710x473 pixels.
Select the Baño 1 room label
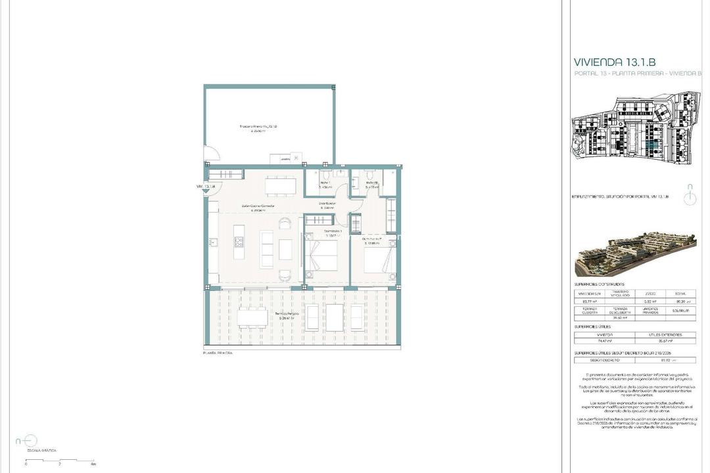325,184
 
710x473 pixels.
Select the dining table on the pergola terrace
252,318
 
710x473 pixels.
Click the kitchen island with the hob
239,242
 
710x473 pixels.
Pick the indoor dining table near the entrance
280,187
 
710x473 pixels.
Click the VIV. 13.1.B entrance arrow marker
212,189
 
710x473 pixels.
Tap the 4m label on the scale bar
93,464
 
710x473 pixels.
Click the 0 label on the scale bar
26,464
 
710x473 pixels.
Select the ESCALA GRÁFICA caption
41,451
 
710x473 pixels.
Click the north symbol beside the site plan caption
689,196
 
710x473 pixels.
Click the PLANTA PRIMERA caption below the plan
218,353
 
